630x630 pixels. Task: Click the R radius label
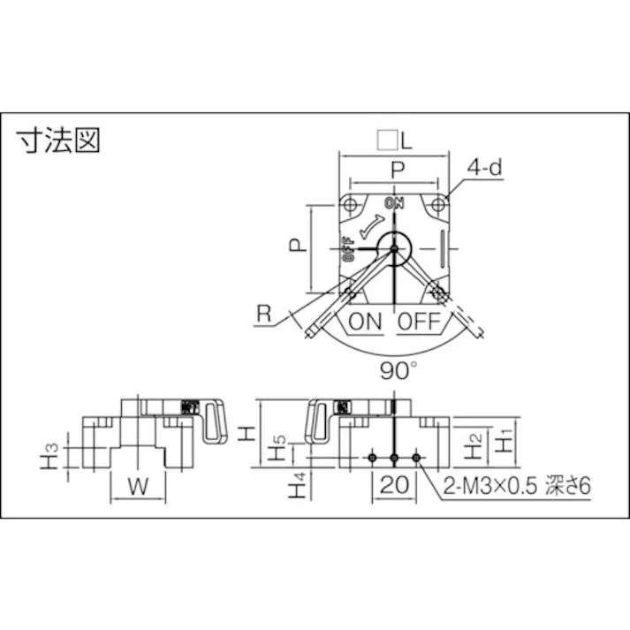tap(262, 315)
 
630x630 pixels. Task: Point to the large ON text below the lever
tap(365, 322)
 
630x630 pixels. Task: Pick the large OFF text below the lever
tap(418, 322)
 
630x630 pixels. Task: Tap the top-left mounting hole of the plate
tap(351, 205)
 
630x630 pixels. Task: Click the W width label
tap(137, 485)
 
